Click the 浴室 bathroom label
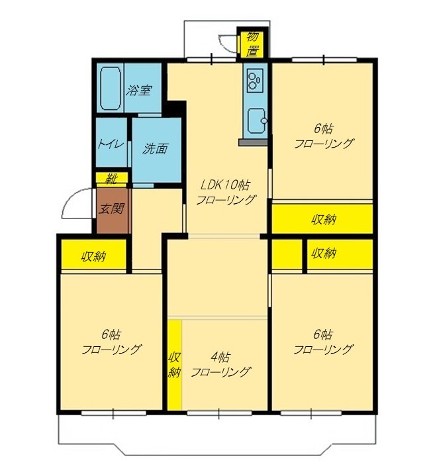pos(139,90)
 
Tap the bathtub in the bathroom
pos(111,89)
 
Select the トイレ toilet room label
pos(111,144)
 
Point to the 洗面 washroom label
pos(155,148)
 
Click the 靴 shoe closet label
pos(111,179)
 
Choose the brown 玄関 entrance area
pos(113,211)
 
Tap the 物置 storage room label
pos(252,43)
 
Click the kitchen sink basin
pos(257,121)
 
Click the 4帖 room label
pos(220,357)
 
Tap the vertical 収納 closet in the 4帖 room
pos(175,365)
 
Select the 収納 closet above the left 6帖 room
pos(93,254)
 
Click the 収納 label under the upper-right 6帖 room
pos(324,219)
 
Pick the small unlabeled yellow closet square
pos(287,254)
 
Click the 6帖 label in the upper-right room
pos(324,129)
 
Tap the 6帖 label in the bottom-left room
pos(111,334)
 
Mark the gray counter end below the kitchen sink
pos(253,142)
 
